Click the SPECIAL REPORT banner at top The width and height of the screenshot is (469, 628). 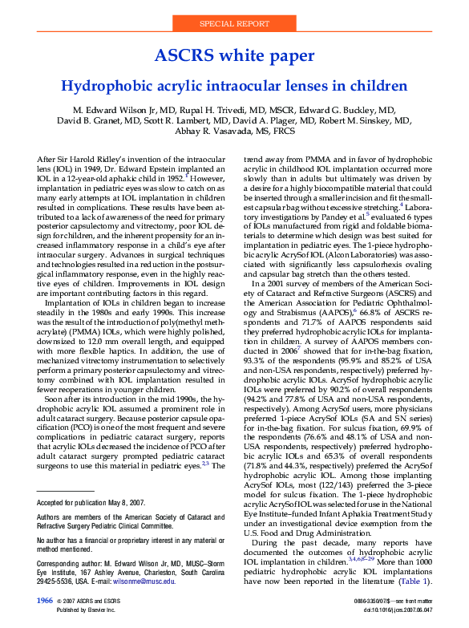pyautogui.click(x=234, y=24)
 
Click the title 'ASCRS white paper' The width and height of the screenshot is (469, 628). pyautogui.click(x=234, y=55)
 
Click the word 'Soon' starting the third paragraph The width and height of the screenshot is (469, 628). pyautogui.click(x=57, y=399)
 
